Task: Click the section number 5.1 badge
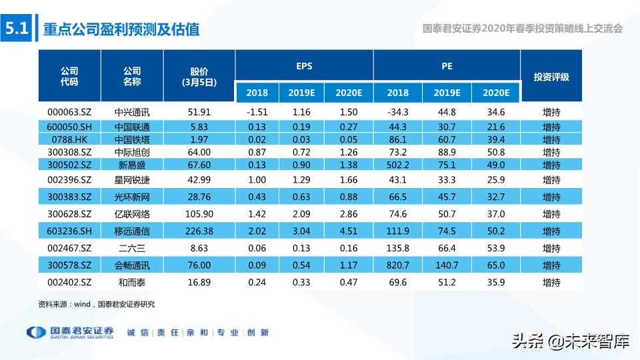pos(16,29)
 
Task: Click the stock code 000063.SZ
pos(69,112)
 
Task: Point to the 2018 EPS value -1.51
pos(256,112)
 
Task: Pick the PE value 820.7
pos(397,265)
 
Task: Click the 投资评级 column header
pos(551,77)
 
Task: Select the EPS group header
pos(304,67)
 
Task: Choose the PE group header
pos(446,67)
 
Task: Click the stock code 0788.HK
pos(69,139)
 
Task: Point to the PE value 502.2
pos(397,165)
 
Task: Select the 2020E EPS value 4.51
pos(348,231)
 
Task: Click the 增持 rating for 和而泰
pos(551,283)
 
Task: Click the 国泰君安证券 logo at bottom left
pos(70,332)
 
